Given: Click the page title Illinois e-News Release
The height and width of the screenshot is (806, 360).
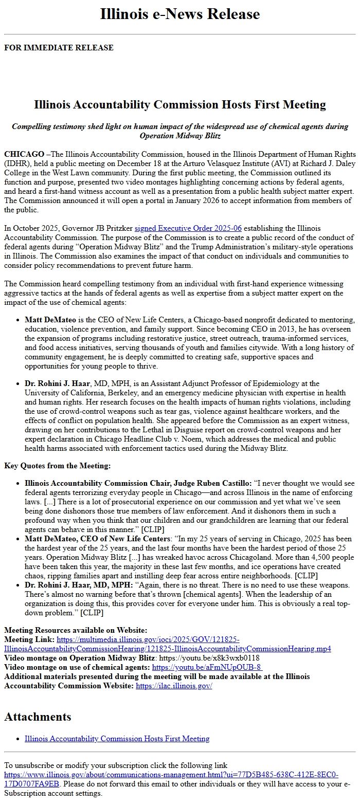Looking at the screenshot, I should (x=180, y=14).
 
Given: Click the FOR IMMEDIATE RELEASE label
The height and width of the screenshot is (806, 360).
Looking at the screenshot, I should (x=59, y=48).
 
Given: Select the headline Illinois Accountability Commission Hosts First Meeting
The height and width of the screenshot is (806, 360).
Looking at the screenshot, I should (x=180, y=105).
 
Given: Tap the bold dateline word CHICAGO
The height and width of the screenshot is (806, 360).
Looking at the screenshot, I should (x=24, y=154).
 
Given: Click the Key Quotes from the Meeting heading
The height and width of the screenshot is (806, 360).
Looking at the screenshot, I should (x=57, y=466).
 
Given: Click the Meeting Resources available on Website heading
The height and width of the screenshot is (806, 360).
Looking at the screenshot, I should (x=76, y=630).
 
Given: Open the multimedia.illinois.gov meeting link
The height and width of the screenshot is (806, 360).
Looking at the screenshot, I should (x=168, y=649).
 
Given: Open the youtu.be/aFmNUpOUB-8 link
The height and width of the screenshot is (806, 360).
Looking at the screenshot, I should (x=207, y=667).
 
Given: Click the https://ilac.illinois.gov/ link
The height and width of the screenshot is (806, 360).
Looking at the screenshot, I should (x=174, y=686).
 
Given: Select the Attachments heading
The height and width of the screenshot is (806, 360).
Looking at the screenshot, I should (x=38, y=717).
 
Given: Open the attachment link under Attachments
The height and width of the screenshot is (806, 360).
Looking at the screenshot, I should (x=117, y=739).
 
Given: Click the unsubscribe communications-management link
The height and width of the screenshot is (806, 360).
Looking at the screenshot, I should (x=170, y=775).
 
